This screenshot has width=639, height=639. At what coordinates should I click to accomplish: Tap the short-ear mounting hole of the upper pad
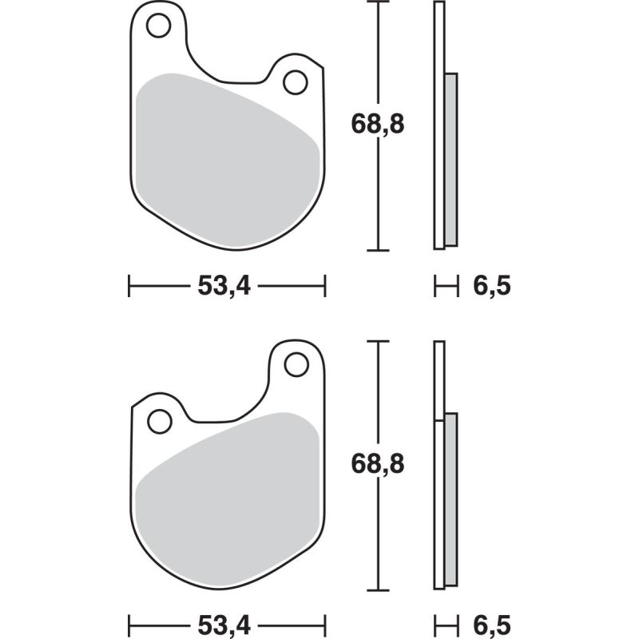coord(296,81)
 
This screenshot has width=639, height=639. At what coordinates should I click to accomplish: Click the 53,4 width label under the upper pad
coord(225,286)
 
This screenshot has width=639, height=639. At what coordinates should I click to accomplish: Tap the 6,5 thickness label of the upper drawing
coord(490,286)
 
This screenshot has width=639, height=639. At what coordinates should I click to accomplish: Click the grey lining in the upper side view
coord(451,160)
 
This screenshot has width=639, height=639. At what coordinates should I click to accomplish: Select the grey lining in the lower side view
coord(451,499)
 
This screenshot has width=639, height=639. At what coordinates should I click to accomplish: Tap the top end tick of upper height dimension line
coord(377,2)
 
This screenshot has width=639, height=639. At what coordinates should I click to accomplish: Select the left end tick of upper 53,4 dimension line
coord(129,286)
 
